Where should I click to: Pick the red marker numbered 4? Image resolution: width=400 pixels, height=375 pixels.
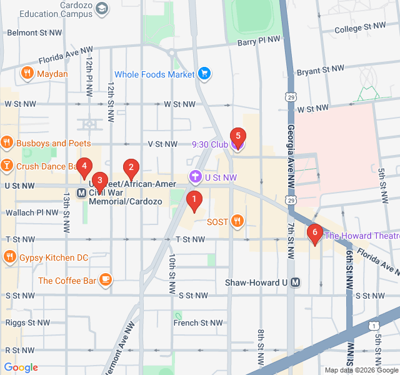tap(84, 167)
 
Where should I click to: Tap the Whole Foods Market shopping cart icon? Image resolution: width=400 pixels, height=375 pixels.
tap(204, 74)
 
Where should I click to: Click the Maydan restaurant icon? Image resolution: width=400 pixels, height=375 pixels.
tap(26, 74)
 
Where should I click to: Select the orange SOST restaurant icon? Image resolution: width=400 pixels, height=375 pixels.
tap(237, 221)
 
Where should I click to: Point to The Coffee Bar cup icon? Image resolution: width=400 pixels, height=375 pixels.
tap(106, 280)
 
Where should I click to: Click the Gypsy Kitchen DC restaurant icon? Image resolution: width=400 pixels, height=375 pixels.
tap(9, 257)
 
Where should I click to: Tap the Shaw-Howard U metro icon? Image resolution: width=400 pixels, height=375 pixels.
tap(296, 282)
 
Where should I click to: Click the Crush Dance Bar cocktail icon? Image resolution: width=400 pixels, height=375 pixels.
tap(7, 166)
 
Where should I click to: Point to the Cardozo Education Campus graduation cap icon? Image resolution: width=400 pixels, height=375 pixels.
tap(102, 8)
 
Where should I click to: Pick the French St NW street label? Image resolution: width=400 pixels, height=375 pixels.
tap(198, 323)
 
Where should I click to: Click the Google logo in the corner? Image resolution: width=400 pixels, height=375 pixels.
tap(21, 367)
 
